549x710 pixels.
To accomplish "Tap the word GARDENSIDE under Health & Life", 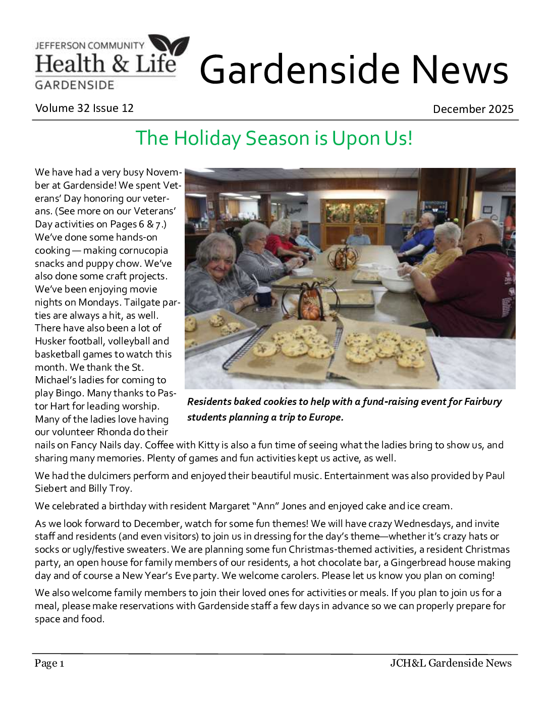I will point(75,85).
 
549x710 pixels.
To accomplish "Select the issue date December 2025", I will point(473,109).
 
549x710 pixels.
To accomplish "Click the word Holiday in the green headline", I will point(207,138).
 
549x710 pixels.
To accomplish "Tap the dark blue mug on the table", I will point(263,297).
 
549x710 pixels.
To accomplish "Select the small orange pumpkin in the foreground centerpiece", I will point(311,310).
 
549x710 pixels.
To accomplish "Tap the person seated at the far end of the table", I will point(359,234).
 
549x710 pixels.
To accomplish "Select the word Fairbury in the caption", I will point(482,402).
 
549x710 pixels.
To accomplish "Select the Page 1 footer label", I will point(49,664).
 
